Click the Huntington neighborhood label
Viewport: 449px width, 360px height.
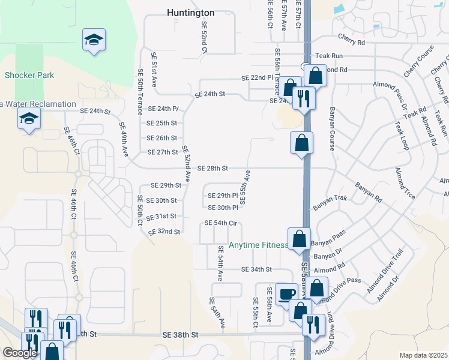click(190, 13)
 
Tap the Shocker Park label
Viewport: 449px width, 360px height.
click(29, 75)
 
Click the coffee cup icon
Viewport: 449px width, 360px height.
click(286, 294)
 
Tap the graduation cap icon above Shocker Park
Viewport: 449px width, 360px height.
click(94, 40)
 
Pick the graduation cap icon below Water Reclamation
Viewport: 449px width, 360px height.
click(29, 120)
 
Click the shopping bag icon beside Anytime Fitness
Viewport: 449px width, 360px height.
click(299, 239)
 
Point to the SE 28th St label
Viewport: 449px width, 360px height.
click(212, 169)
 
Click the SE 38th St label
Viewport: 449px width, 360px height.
click(180, 334)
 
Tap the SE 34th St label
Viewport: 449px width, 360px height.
click(257, 269)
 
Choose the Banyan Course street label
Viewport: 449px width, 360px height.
click(331, 127)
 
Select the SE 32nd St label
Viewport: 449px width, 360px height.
click(164, 231)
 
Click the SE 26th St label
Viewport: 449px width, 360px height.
click(162, 138)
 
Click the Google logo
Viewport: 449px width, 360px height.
click(20, 353)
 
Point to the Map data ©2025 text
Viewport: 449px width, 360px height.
click(423, 355)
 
